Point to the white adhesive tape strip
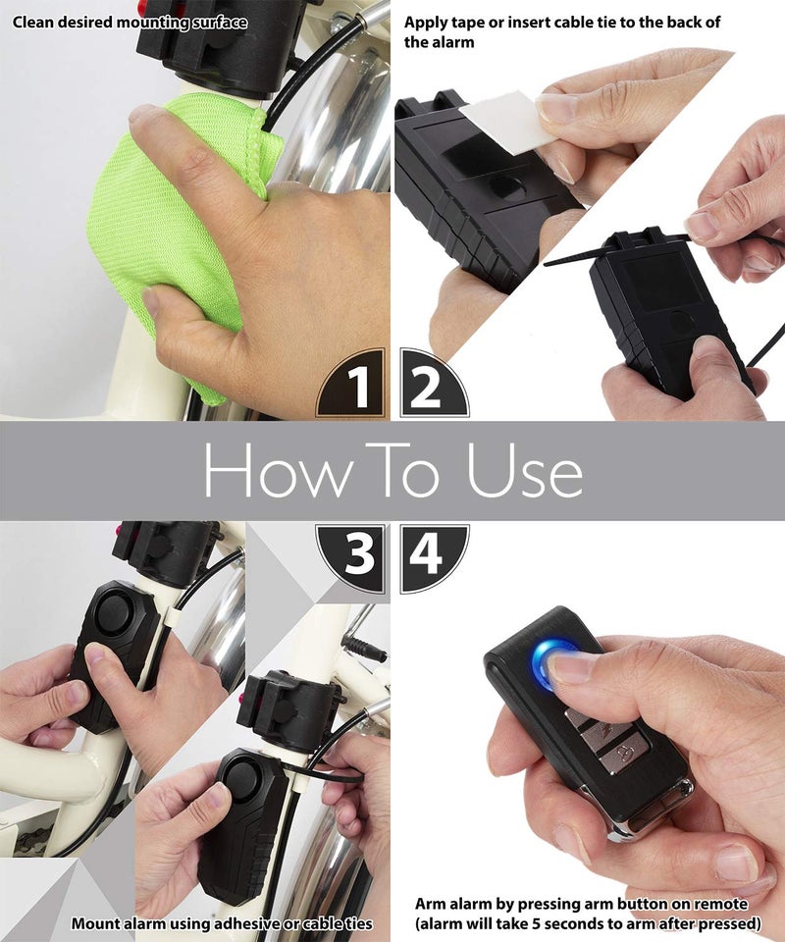point(500,118)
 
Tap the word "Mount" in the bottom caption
point(93,923)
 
